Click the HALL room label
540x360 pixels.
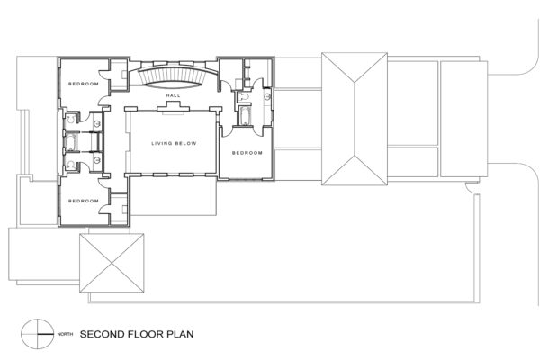[x=173, y=95]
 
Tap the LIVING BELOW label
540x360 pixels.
[x=174, y=143]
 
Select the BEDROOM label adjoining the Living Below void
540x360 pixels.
[x=247, y=153]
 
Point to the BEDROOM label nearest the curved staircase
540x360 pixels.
[x=84, y=84]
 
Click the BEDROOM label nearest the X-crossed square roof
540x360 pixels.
[x=84, y=201]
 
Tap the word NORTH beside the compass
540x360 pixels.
[x=65, y=334]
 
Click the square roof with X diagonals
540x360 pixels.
[x=112, y=263]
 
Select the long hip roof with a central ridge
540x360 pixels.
[x=355, y=119]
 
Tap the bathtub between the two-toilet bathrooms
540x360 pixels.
[x=70, y=142]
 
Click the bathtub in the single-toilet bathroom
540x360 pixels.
[x=244, y=116]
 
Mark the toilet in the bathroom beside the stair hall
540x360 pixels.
[x=244, y=97]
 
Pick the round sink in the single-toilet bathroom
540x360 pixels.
[x=267, y=97]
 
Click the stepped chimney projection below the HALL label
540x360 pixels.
[x=173, y=107]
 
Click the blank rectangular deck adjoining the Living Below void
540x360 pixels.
[x=174, y=196]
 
